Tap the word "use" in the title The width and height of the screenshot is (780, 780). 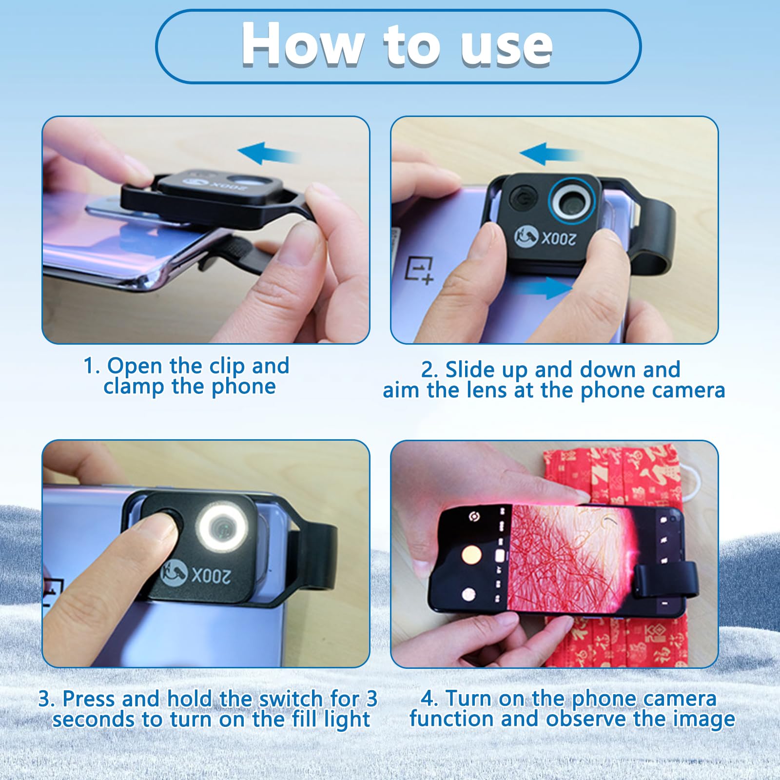pos(507,47)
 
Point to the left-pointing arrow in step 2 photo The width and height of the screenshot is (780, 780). pos(550,154)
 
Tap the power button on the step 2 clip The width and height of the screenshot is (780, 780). pos(523,199)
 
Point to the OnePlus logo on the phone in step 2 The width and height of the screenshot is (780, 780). pos(419,270)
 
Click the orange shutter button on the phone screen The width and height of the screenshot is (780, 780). pos(471,554)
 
